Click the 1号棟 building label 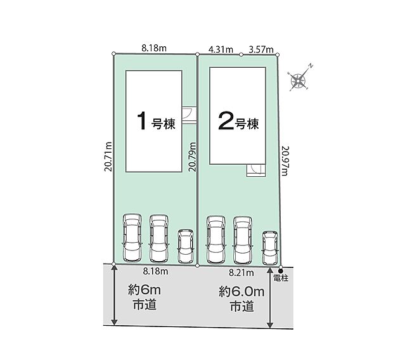point(156,121)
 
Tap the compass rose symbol point(299,79)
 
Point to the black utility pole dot point(280,271)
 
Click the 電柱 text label point(281,278)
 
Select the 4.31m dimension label point(221,49)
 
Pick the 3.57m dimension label point(261,49)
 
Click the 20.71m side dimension point(108,157)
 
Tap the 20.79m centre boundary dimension point(193,157)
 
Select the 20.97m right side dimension point(285,161)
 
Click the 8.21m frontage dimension point(241,273)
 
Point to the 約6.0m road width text point(242,292)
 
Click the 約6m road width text point(145,291)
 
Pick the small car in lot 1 point(186,247)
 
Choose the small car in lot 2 point(270,248)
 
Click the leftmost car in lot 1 point(132,238)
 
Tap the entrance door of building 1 point(189,115)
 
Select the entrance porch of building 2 point(255,170)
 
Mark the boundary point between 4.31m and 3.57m point(241,55)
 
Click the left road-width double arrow point(114,295)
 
